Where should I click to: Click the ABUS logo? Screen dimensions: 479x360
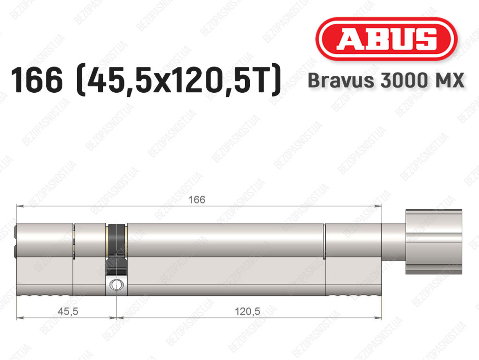[x=386, y=39]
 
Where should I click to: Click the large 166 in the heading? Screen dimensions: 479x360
[x=36, y=80]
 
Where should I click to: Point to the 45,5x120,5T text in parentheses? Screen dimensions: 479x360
[x=179, y=80]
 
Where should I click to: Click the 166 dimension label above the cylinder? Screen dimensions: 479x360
[x=196, y=199]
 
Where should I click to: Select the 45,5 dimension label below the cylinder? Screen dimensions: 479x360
[x=68, y=311]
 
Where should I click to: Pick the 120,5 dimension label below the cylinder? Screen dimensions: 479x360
[x=247, y=311]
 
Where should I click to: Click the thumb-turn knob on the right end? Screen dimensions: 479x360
[x=434, y=242]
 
